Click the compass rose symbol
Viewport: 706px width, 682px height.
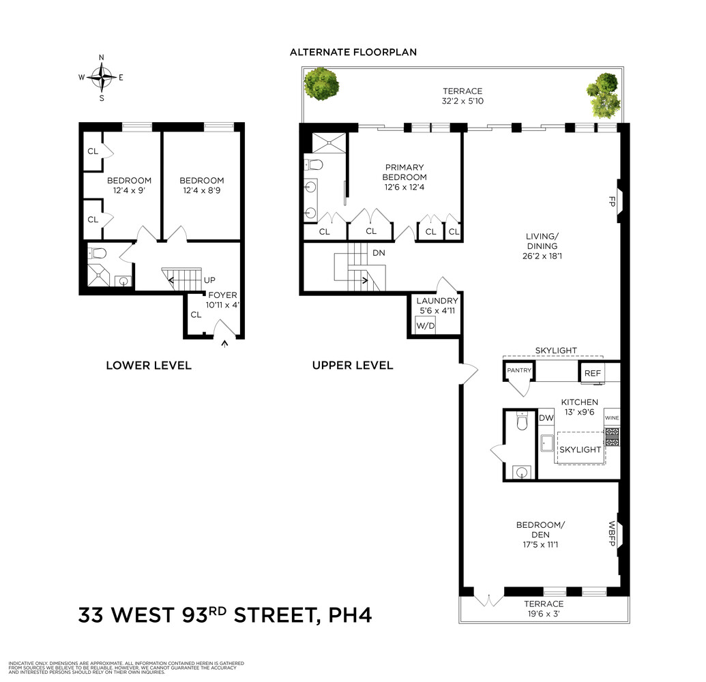click(x=102, y=77)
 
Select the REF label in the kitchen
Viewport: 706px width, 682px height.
click(x=591, y=374)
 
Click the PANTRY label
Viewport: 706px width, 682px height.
click(x=518, y=370)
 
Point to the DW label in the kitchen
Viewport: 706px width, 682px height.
click(x=546, y=418)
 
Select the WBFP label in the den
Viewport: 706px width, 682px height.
click(x=612, y=533)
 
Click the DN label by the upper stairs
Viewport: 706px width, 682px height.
click(x=379, y=252)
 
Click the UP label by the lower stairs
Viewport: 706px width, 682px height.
click(x=211, y=280)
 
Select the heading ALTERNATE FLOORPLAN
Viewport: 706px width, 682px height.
click(x=353, y=52)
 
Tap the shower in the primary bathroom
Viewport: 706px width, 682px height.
click(x=329, y=142)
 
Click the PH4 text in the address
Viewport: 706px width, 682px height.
click(x=350, y=615)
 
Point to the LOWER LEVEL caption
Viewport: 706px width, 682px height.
click(x=149, y=366)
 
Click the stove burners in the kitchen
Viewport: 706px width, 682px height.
click(x=612, y=436)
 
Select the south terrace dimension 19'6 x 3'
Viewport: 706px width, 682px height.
click(x=544, y=613)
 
